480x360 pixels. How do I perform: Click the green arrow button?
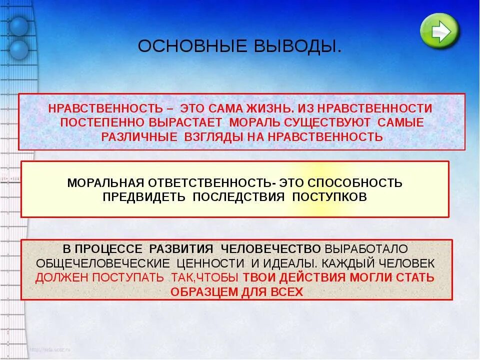[439, 31]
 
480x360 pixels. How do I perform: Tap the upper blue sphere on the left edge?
[19, 26]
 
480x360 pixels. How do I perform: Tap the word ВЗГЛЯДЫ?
[212, 136]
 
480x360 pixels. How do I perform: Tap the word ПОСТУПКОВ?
[329, 196]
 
